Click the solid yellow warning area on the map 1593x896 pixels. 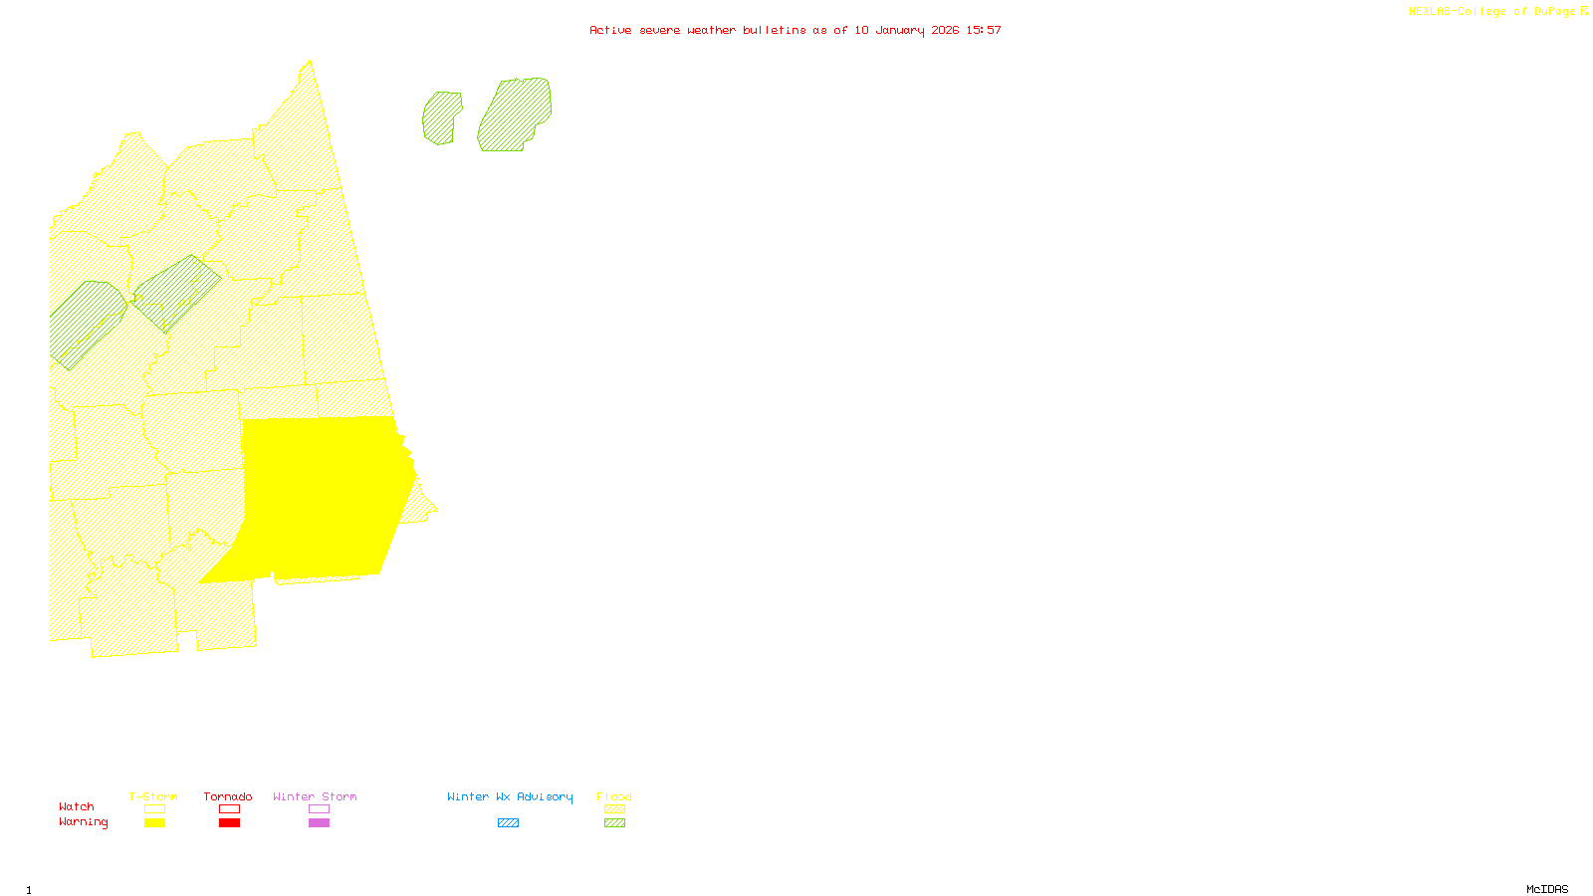(319, 498)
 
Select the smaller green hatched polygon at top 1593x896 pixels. (441, 117)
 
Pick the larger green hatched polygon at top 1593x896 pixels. (515, 114)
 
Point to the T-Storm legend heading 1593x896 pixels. (153, 796)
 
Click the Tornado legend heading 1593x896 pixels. (228, 796)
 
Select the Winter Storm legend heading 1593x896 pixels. (315, 796)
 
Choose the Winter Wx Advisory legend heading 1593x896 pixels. (510, 796)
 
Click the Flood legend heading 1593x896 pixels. (614, 796)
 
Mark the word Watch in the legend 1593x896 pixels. (77, 806)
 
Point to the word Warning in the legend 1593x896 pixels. (83, 822)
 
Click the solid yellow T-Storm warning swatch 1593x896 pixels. (154, 823)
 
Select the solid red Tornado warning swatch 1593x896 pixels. (230, 823)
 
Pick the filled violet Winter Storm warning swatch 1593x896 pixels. (319, 823)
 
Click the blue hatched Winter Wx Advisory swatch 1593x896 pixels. (508, 823)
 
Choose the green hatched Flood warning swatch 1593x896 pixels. (615, 823)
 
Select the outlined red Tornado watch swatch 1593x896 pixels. (230, 809)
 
